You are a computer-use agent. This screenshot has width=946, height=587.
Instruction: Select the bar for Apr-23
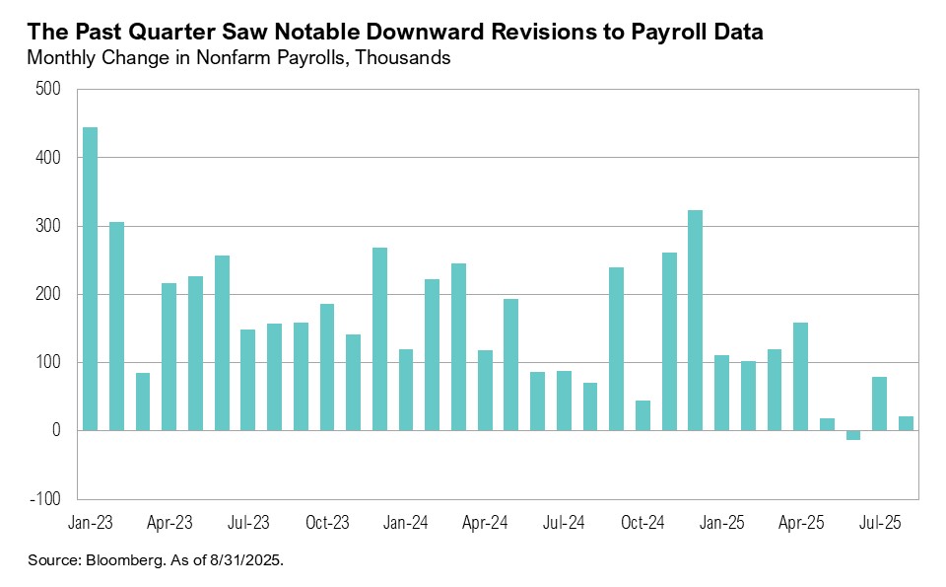point(169,357)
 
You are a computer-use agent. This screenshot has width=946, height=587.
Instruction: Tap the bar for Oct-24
point(642,415)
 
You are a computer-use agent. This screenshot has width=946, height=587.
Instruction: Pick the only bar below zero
point(853,435)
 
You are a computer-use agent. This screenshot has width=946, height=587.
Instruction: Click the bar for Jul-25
point(879,404)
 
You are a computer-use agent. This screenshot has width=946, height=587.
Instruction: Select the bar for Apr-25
point(800,377)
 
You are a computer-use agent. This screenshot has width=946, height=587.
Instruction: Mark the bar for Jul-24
point(564,401)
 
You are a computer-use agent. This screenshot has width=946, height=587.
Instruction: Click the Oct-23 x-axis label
point(326,521)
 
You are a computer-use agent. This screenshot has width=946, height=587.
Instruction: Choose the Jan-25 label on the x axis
point(721,521)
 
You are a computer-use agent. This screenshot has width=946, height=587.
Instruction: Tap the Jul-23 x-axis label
point(247,521)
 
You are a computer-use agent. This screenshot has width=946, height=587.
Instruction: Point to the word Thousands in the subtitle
point(402,58)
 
